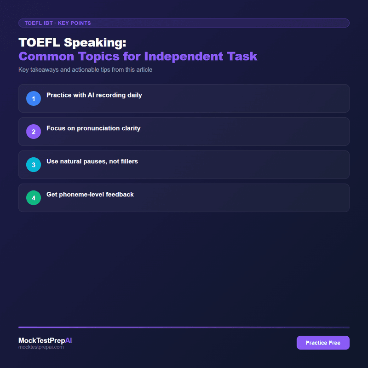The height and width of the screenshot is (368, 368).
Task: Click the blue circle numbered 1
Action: click(34, 98)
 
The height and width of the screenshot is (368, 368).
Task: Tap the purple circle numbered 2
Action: click(34, 132)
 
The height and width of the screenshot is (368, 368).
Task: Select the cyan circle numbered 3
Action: click(34, 165)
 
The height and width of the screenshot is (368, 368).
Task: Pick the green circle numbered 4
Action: click(34, 198)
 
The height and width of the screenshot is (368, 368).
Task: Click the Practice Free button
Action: click(323, 343)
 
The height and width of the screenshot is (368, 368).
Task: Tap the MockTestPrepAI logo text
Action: click(45, 340)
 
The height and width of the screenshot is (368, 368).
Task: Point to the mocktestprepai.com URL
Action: click(41, 347)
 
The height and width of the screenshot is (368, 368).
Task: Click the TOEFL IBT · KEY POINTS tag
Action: click(58, 23)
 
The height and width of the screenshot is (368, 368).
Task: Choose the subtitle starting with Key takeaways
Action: click(85, 70)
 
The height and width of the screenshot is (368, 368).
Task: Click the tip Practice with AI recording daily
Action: click(94, 95)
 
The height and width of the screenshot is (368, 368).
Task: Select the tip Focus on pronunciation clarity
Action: click(93, 128)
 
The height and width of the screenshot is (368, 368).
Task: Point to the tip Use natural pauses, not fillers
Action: click(92, 161)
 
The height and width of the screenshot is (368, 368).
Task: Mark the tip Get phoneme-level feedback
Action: click(90, 195)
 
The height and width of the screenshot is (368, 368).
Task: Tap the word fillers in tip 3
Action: click(128, 161)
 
